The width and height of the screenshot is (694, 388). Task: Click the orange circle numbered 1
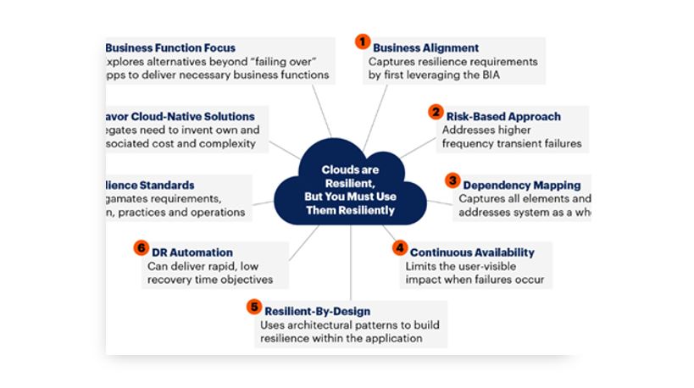pos(362,41)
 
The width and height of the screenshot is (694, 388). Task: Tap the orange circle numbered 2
pos(436,111)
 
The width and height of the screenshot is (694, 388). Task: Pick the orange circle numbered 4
pos(400,247)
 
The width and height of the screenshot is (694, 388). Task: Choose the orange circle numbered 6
pos(141,248)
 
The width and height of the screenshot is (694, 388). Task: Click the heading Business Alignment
pos(425,48)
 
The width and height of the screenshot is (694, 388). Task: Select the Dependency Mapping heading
pos(521,185)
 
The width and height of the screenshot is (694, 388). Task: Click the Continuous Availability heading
pos(472,252)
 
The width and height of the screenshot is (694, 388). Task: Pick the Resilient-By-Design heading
pos(318,312)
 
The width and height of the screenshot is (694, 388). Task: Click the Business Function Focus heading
pos(170,48)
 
